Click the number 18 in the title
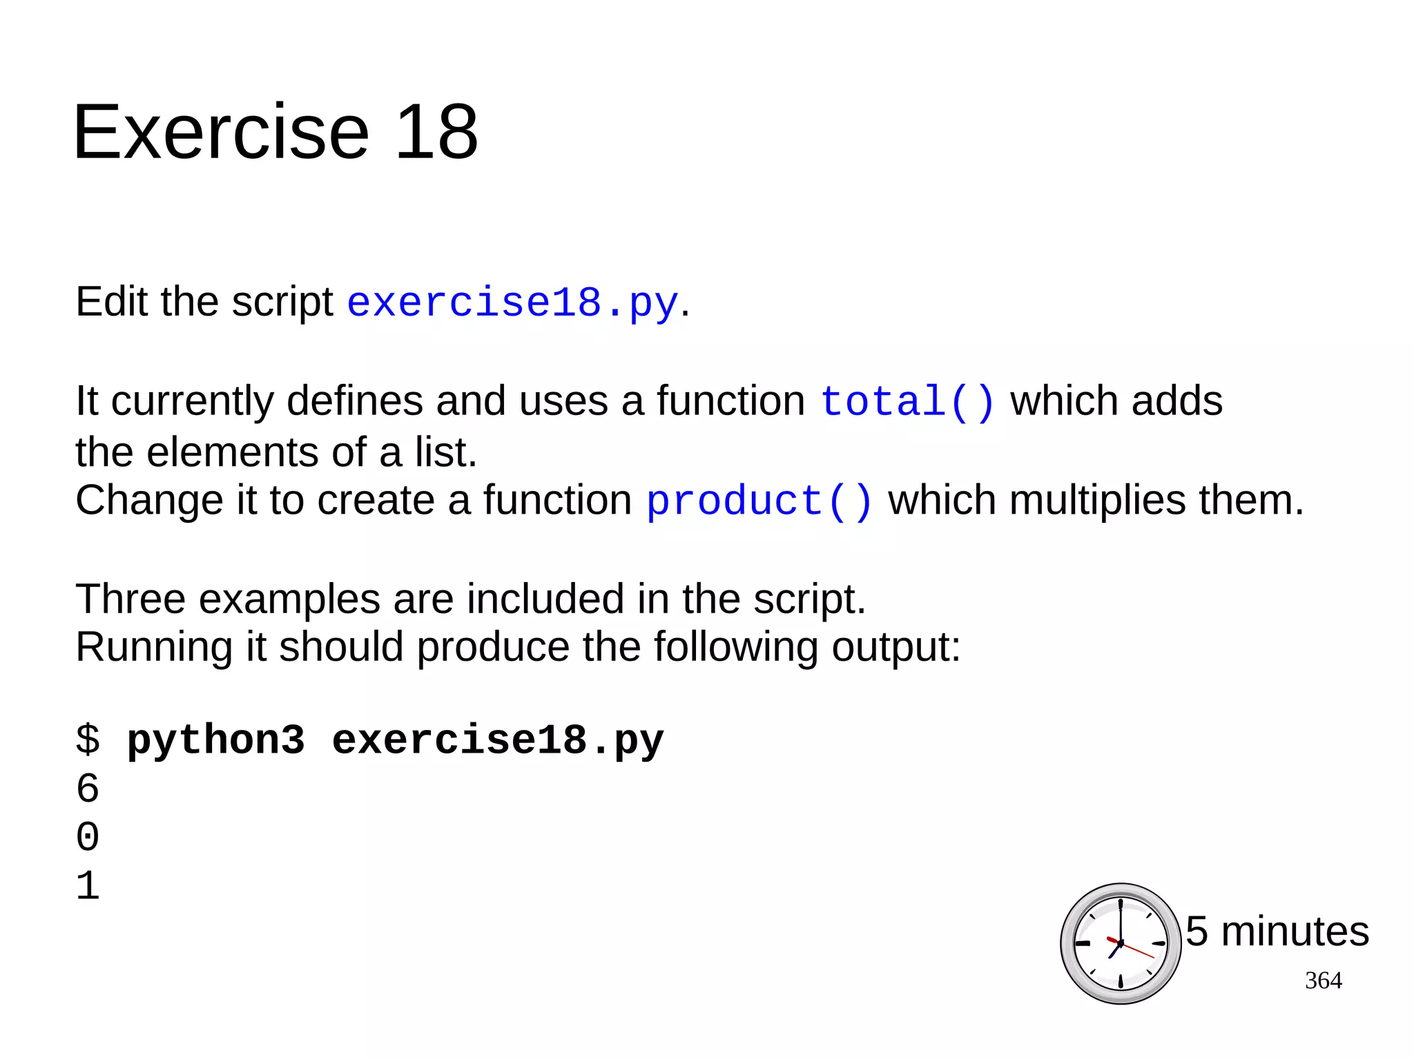point(436,132)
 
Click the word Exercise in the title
point(221,132)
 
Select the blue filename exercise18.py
point(512,302)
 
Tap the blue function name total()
point(907,401)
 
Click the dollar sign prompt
point(88,740)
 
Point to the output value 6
point(88,789)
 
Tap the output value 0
point(88,837)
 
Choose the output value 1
point(88,886)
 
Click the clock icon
point(1120,943)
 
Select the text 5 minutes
point(1277,931)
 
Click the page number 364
point(1323,981)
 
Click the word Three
point(130,599)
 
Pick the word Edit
point(111,302)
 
